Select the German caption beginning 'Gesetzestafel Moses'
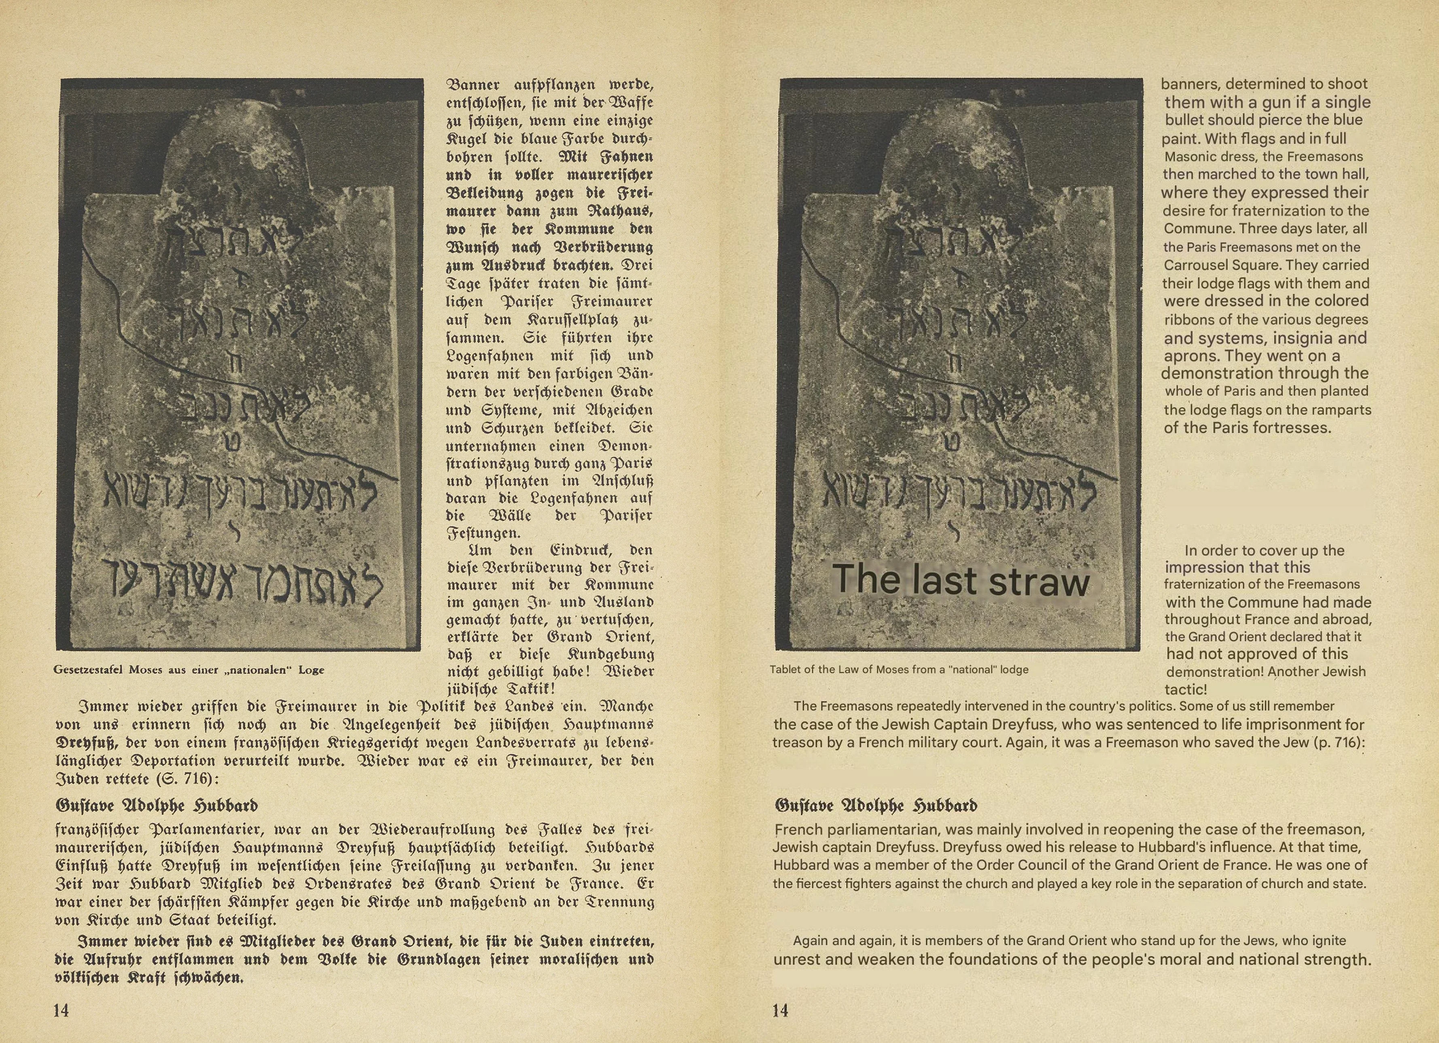(x=189, y=670)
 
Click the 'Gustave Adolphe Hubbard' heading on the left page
(x=157, y=806)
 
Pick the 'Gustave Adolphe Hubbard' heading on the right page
(x=876, y=806)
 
